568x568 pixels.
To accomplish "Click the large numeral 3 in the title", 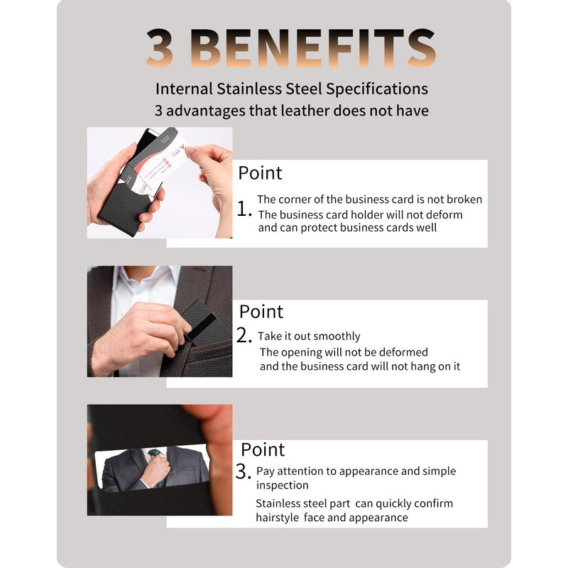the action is point(159,48).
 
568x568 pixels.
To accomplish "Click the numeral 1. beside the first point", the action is point(244,209).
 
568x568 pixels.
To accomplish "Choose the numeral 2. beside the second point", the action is point(244,335).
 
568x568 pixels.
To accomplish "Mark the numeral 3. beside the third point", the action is point(244,471).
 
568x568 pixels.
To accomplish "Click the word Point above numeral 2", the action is point(261,312).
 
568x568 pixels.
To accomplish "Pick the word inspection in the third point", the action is point(282,486).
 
